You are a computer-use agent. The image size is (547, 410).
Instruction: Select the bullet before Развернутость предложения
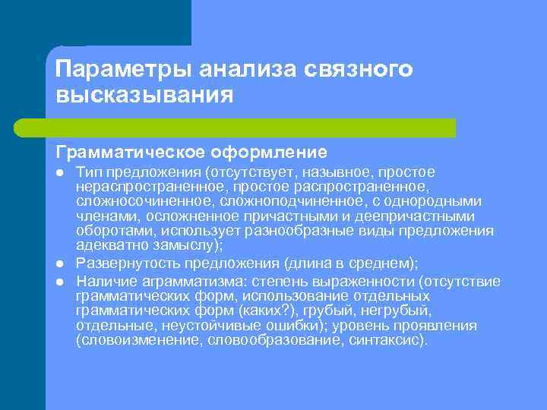click(58, 263)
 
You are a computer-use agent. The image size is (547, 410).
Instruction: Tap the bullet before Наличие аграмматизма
click(58, 282)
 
